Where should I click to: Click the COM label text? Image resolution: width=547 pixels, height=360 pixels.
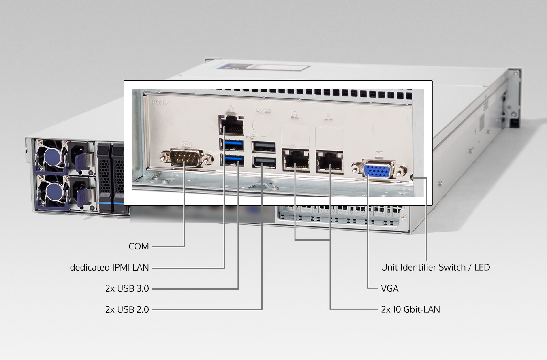pyautogui.click(x=139, y=247)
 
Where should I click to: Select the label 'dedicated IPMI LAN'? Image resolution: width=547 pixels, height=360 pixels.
pyautogui.click(x=109, y=268)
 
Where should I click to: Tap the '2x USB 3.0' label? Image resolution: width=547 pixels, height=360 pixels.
pyautogui.click(x=127, y=289)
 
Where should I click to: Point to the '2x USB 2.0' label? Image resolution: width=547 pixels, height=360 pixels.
pyautogui.click(x=127, y=310)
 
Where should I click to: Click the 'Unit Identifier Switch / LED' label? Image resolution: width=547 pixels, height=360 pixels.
pyautogui.click(x=436, y=268)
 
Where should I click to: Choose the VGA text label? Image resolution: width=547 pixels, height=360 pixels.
pyautogui.click(x=390, y=289)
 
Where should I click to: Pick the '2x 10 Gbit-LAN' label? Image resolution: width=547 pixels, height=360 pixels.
pyautogui.click(x=410, y=310)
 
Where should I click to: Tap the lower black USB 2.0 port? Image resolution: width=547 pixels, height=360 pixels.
pyautogui.click(x=263, y=162)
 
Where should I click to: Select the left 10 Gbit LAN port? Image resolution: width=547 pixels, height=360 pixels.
pyautogui.click(x=295, y=160)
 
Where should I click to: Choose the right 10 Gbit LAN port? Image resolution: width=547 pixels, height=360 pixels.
pyautogui.click(x=329, y=161)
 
